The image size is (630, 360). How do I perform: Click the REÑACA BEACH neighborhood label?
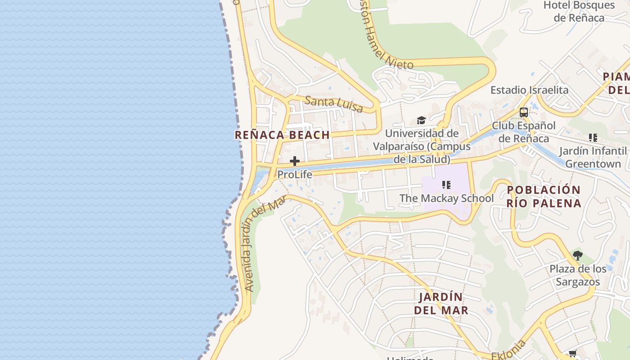pyautogui.click(x=282, y=135)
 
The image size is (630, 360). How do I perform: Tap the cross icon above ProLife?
pyautogui.click(x=295, y=161)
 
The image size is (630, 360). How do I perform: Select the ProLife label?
pyautogui.click(x=295, y=174)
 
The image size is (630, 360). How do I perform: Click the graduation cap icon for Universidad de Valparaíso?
pyautogui.click(x=421, y=120)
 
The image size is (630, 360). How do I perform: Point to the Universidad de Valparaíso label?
pyautogui.click(x=422, y=146)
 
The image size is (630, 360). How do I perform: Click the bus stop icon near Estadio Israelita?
pyautogui.click(x=523, y=112)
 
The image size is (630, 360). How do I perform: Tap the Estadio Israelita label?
pyautogui.click(x=529, y=90)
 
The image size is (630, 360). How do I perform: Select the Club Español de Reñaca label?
pyautogui.click(x=523, y=132)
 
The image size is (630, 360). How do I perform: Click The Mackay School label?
pyautogui.click(x=446, y=198)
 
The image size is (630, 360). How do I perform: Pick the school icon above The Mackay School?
pyautogui.click(x=446, y=185)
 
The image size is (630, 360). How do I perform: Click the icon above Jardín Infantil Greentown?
pyautogui.click(x=593, y=138)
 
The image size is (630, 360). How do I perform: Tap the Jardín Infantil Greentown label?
pyautogui.click(x=593, y=157)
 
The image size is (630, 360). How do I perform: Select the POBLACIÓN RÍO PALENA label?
pyautogui.click(x=544, y=197)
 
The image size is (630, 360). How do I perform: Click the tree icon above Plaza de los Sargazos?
pyautogui.click(x=578, y=256)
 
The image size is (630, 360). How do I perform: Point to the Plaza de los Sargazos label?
pyautogui.click(x=578, y=275)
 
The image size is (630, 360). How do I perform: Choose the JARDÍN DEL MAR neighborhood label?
pyautogui.click(x=441, y=304)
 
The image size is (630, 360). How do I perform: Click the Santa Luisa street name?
pyautogui.click(x=333, y=104)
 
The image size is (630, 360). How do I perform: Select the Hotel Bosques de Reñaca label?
pyautogui.click(x=579, y=12)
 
